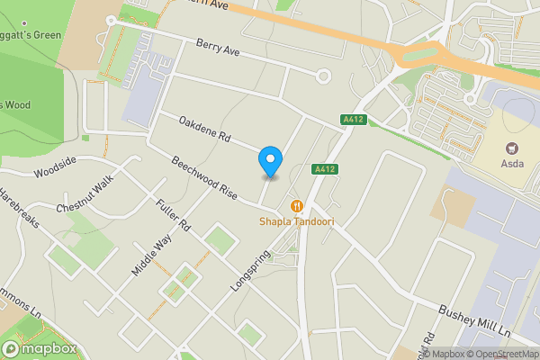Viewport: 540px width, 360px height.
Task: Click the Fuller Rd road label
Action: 172,215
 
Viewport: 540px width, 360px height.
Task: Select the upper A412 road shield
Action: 352,120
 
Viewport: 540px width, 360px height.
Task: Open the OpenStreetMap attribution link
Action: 499,354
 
